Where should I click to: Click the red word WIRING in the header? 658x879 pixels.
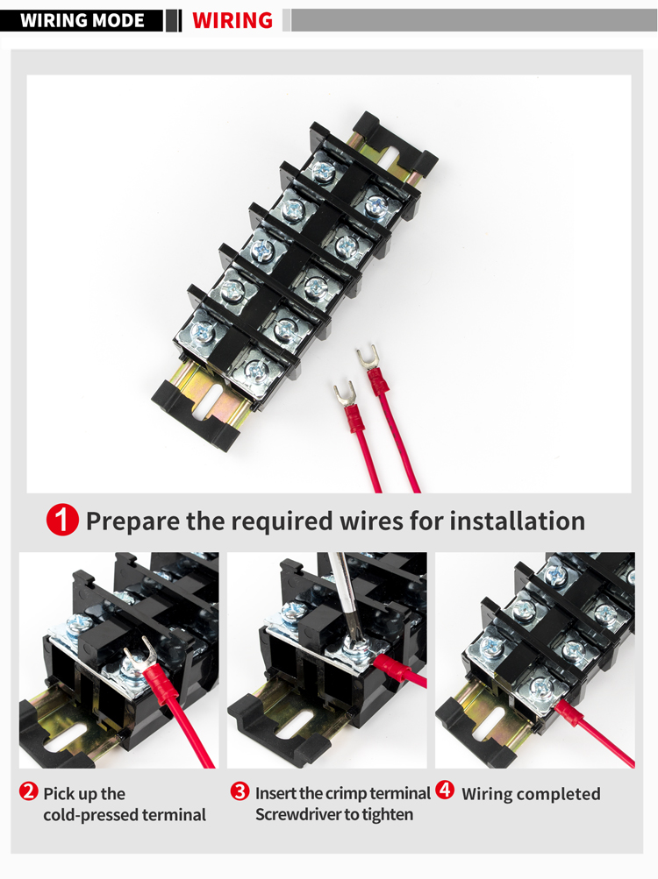point(232,20)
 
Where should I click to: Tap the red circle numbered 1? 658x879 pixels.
point(62,521)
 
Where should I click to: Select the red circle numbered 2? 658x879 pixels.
point(29,792)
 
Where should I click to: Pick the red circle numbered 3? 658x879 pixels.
point(240,792)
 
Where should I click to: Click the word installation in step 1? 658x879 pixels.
point(517,521)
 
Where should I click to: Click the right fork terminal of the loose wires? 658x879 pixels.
point(364,358)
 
